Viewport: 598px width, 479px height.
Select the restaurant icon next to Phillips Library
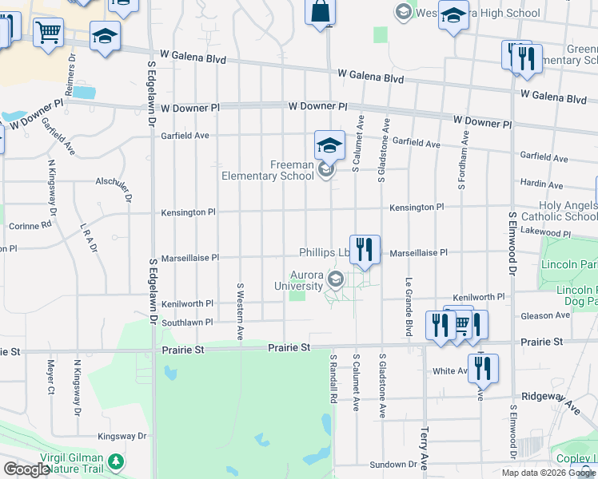coord(365,249)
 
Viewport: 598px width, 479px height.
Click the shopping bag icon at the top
coord(320,13)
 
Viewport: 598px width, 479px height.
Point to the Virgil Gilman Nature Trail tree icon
coord(116,461)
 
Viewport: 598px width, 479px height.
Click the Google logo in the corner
coord(26,469)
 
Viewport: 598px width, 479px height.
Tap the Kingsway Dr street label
coord(122,437)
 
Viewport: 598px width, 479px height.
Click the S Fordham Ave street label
coord(462,166)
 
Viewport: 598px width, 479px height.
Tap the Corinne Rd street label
coord(30,226)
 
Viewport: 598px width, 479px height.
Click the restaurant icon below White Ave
coord(483,368)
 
